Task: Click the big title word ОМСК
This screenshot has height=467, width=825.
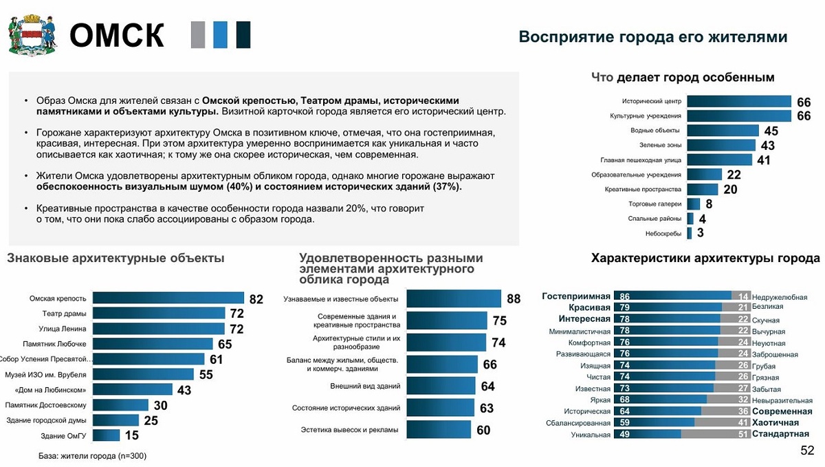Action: click(117, 36)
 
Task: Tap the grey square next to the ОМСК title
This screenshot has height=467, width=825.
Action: click(198, 35)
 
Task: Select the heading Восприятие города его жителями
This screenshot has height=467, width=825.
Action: click(652, 36)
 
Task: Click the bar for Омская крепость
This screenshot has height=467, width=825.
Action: click(168, 298)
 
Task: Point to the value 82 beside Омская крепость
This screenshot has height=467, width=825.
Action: click(256, 298)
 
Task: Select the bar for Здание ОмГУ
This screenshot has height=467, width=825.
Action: click(106, 435)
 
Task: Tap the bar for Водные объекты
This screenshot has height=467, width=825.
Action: click(723, 130)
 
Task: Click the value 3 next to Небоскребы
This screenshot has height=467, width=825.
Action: click(700, 233)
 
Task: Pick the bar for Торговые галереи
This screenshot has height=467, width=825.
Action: click(693, 204)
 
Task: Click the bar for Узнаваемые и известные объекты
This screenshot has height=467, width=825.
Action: click(454, 298)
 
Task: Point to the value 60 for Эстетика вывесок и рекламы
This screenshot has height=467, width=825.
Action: click(483, 431)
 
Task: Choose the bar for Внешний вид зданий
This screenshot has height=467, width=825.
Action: click(441, 386)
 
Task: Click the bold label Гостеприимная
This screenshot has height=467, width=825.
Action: click(576, 296)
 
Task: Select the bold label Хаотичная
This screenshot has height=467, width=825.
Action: click(775, 422)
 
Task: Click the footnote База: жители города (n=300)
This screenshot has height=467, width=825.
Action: click(92, 455)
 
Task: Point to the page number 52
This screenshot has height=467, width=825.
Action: click(807, 450)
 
